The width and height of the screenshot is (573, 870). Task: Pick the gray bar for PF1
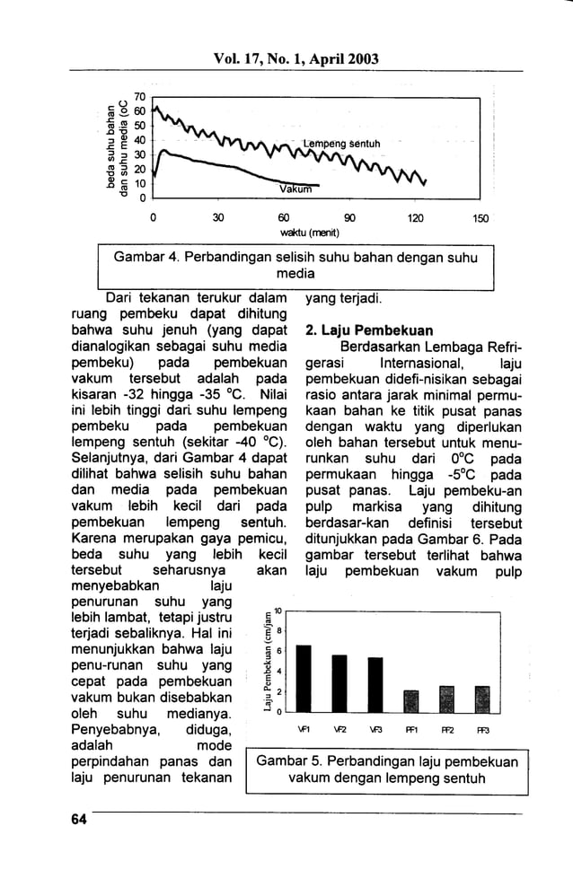(411, 700)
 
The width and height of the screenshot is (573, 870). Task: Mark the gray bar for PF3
(481, 699)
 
